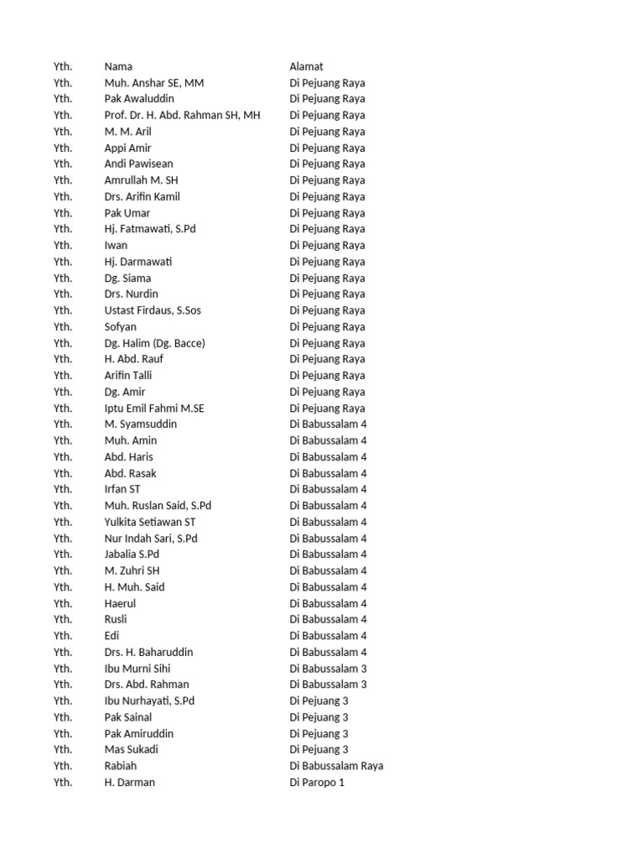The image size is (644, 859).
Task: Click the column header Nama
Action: [118, 66]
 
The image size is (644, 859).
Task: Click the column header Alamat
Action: [306, 66]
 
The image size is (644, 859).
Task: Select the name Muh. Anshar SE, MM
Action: [153, 83]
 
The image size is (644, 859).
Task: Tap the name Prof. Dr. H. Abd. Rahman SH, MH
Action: [182, 115]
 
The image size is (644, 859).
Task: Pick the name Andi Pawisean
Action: [138, 164]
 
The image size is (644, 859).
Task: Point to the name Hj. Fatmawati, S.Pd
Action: [150, 229]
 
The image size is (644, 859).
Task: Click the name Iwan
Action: [116, 246]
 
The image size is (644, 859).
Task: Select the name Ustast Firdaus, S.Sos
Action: [153, 310]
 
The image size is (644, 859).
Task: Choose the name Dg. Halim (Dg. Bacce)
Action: [154, 343]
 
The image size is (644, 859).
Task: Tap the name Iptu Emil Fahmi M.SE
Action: [154, 409]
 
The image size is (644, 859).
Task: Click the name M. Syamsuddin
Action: [140, 424]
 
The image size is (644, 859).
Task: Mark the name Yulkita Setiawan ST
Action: [150, 522]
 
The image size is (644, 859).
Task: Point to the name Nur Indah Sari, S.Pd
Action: [151, 539]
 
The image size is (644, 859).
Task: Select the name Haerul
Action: [120, 603]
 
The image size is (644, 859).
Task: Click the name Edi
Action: [112, 636]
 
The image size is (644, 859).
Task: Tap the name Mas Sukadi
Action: [131, 749]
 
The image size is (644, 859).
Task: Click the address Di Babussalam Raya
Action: [336, 766]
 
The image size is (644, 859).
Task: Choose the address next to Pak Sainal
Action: [319, 717]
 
